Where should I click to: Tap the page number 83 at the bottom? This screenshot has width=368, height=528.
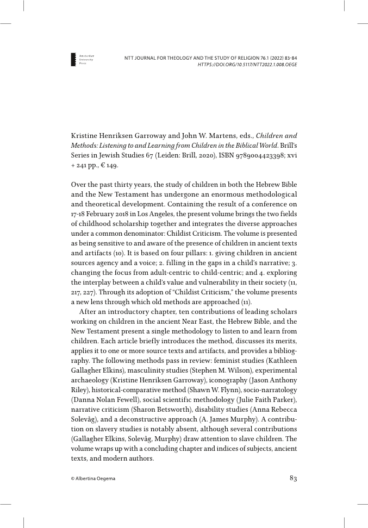tap(293, 478)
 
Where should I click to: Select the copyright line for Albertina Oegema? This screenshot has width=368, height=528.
tap(93, 479)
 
